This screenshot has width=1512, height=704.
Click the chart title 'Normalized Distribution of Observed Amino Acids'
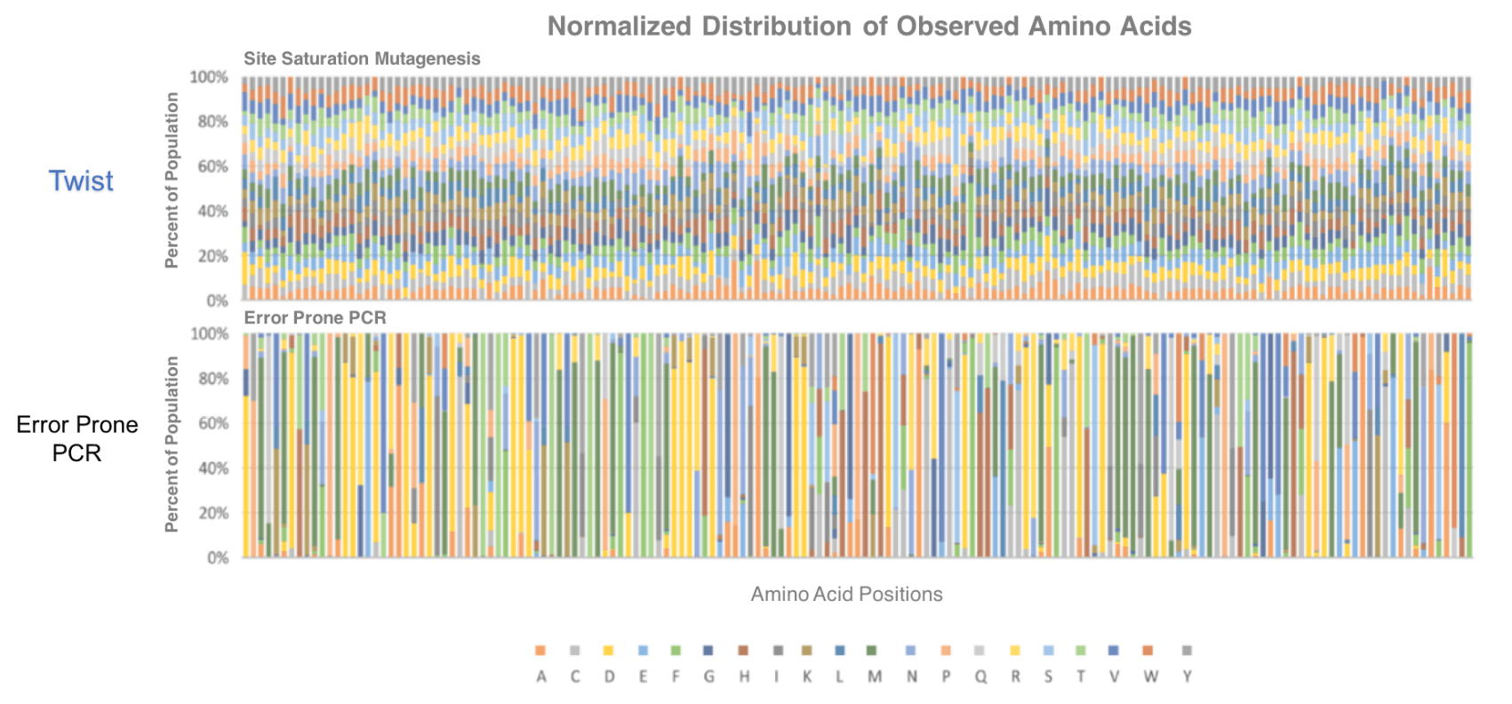pyautogui.click(x=868, y=27)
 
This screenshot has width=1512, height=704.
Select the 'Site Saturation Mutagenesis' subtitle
pyautogui.click(x=362, y=59)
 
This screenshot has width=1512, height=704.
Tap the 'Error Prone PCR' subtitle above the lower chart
pyautogui.click(x=315, y=318)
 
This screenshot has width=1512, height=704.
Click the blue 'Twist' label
pyautogui.click(x=81, y=181)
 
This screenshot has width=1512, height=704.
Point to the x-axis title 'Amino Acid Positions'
pyautogui.click(x=846, y=595)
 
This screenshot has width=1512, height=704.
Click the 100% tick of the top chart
pyautogui.click(x=209, y=77)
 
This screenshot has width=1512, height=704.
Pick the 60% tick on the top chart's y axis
pyautogui.click(x=212, y=167)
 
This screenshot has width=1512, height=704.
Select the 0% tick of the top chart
pyautogui.click(x=218, y=301)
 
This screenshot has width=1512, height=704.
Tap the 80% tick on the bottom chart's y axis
pyautogui.click(x=212, y=379)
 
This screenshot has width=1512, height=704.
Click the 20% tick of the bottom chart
pyautogui.click(x=212, y=513)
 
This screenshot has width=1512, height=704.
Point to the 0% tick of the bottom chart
pyautogui.click(x=218, y=558)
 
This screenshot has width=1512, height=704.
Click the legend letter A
pyautogui.click(x=541, y=676)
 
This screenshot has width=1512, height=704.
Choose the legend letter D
pyautogui.click(x=609, y=676)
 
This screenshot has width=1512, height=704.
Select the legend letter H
pyautogui.click(x=744, y=676)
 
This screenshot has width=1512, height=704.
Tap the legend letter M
pyautogui.click(x=875, y=676)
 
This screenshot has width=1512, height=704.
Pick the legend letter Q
pyautogui.click(x=980, y=676)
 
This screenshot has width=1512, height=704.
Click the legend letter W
pyautogui.click(x=1150, y=676)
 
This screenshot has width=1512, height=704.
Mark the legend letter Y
pyautogui.click(x=1187, y=676)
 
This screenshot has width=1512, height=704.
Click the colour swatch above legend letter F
pyautogui.click(x=676, y=651)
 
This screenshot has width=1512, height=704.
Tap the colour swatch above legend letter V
pyautogui.click(x=1114, y=651)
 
